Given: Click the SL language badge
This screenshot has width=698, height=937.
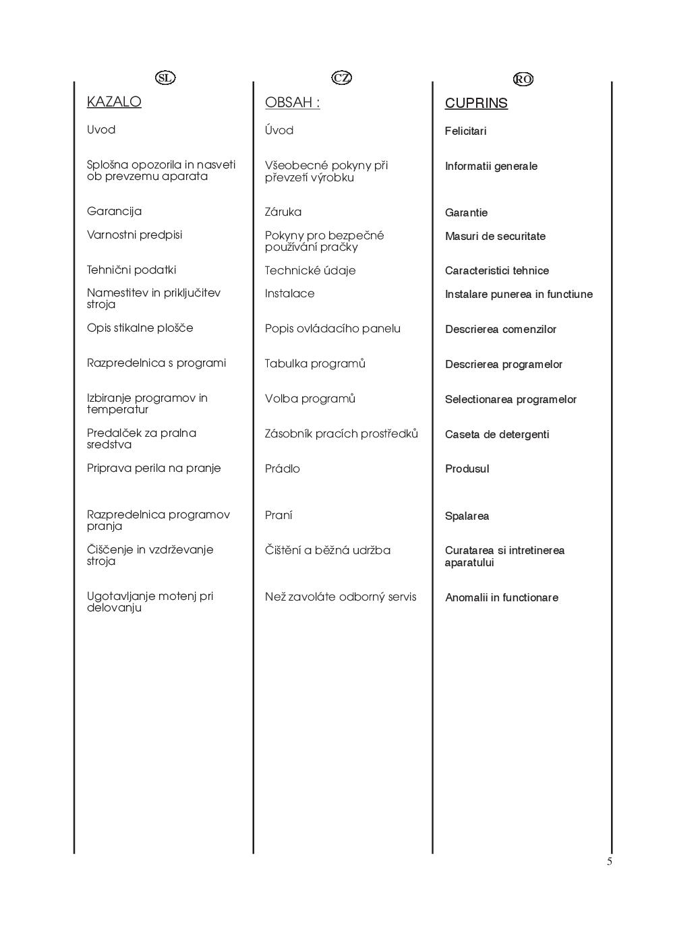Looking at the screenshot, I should [165, 78].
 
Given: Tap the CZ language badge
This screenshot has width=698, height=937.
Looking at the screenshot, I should [342, 78].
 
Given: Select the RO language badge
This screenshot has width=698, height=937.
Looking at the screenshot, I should [523, 79].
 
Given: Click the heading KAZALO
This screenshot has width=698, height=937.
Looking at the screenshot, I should [114, 102].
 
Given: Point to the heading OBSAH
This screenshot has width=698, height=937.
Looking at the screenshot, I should [292, 102].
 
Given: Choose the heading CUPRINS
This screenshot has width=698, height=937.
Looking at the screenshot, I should [476, 103].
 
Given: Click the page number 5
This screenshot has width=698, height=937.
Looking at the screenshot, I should [610, 862].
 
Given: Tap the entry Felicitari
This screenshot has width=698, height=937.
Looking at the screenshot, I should [465, 131].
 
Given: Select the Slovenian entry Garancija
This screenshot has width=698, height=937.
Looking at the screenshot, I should [114, 211].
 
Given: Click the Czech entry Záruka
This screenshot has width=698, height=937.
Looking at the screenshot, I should [283, 212].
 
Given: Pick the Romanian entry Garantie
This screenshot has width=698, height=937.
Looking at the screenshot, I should [466, 212].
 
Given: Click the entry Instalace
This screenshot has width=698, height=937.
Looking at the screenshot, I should [289, 293].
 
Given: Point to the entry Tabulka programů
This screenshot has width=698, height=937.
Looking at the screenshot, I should [315, 363].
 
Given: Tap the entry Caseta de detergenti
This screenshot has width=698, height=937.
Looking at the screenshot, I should [497, 434].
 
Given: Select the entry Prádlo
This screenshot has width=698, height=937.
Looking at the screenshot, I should [283, 469].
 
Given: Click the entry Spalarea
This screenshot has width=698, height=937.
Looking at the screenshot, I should [467, 516].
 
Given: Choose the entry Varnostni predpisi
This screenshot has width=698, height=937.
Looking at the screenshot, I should [134, 235].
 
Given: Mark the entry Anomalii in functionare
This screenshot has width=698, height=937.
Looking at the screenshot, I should [502, 597].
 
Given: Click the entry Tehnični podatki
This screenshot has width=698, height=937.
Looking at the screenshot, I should [132, 270].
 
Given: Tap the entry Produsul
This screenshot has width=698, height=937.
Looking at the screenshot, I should [467, 469].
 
